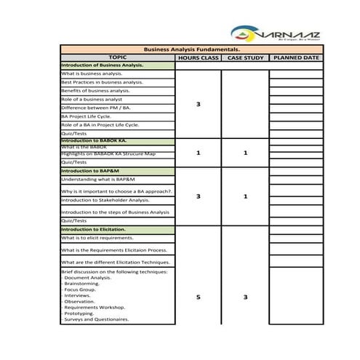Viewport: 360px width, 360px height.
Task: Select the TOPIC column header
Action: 117,57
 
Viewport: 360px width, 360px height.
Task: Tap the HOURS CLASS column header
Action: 199,57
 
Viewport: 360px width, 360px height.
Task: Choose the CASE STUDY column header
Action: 245,57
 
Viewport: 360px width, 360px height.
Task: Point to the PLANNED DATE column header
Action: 295,57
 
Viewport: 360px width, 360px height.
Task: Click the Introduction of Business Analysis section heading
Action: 102,65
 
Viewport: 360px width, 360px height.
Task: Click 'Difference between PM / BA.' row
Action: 96,108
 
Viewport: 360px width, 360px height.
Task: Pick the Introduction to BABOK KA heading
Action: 94,140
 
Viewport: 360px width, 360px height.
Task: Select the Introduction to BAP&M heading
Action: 90,171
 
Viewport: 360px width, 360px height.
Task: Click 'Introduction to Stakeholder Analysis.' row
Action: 105,200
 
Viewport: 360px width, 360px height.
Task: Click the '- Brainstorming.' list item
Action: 81,284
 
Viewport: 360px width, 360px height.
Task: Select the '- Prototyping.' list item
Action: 79,313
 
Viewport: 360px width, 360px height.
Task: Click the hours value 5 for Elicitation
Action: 199,297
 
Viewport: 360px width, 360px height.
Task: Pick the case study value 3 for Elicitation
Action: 245,297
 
